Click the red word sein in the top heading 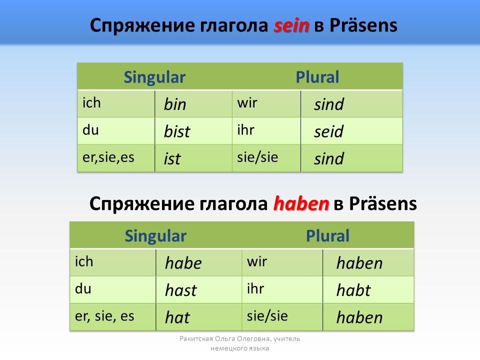pos(291,25)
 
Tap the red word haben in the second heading pos(301,203)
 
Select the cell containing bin pos(193,104)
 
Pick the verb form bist pos(177,131)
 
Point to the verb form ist pos(172,158)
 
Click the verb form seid pos(329,131)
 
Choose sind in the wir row pos(329,104)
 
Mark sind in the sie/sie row pos(329,158)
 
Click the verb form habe pos(183,263)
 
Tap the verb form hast pos(181,290)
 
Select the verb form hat pos(177,317)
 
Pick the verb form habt pos(353,290)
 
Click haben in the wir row pos(359,263)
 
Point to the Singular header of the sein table pos(154,77)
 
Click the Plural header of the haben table pos(327,235)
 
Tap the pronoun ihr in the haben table pos(255,288)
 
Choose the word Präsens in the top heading pos(363,25)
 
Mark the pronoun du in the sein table pos(90,130)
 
